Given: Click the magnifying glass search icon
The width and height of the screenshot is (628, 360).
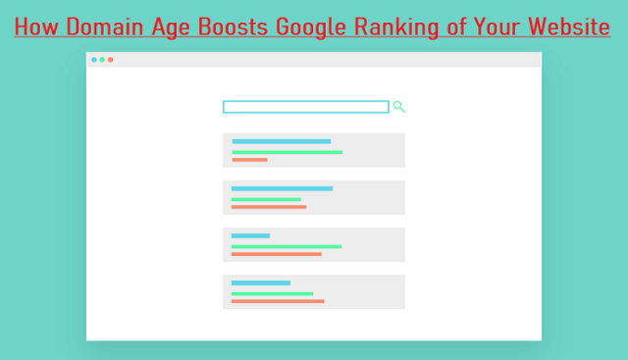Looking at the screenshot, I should click(399, 107).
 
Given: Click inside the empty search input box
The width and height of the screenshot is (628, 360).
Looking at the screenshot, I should click(306, 107).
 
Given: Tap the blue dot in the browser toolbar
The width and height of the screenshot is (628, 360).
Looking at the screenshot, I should click(94, 60).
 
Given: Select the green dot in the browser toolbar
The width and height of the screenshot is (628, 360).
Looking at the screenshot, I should click(102, 60).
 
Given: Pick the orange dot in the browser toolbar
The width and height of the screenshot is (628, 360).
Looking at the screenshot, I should click(110, 60).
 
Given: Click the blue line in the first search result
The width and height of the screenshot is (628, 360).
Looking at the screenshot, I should click(281, 141).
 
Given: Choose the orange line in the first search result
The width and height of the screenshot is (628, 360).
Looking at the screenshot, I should click(249, 159).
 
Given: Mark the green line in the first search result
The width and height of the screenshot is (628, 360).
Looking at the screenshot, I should click(287, 152).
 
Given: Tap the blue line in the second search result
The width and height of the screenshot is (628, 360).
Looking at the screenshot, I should click(282, 188).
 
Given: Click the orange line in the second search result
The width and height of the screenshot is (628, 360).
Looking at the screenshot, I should click(269, 207).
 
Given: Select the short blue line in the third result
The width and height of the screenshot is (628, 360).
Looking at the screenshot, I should click(250, 235).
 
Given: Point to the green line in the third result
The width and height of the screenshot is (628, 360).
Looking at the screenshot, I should click(287, 246).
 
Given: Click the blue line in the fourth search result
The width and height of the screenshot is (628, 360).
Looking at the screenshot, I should click(261, 283).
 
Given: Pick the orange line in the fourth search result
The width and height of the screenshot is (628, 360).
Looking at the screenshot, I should click(278, 301).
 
